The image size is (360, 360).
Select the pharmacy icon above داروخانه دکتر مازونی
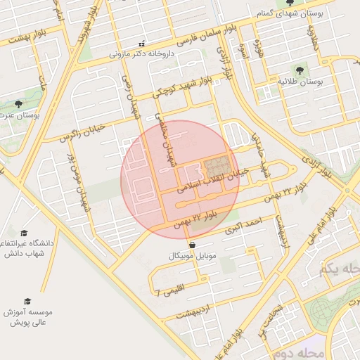[x=142, y=43]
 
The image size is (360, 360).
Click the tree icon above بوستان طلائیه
[x=300, y=70]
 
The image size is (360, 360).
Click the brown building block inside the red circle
[x=217, y=166]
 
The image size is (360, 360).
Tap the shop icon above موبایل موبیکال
[x=193, y=245]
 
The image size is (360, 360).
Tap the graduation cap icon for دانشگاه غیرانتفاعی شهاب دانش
[x=24, y=233]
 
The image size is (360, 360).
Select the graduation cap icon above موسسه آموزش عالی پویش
[x=27, y=301]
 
